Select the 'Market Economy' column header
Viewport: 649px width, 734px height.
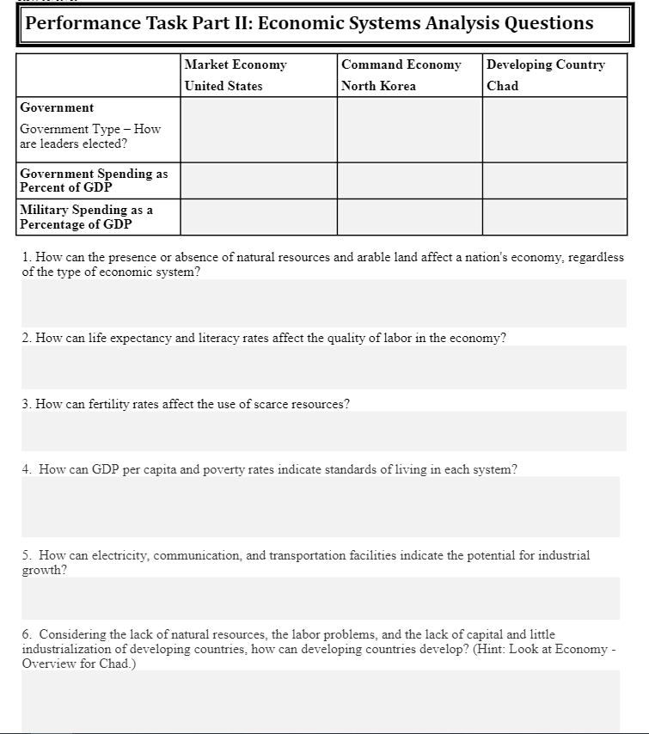(236, 65)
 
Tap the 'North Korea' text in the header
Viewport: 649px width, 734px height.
(378, 86)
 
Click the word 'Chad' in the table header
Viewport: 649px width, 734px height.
(503, 86)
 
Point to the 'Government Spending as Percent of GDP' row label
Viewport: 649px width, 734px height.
(94, 180)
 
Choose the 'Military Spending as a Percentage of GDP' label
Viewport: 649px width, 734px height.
(86, 217)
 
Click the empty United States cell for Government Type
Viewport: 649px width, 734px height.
(259, 129)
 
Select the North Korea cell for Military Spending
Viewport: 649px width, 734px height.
(409, 217)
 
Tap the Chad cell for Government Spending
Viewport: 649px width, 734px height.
(554, 180)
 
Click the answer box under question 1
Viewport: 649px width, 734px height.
(323, 303)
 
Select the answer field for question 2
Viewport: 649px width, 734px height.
(323, 367)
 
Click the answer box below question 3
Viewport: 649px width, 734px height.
(323, 431)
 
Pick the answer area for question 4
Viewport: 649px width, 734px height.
(320, 506)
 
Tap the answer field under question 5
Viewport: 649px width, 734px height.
(320, 597)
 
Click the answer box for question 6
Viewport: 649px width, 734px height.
(320, 700)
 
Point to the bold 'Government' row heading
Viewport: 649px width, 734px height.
(57, 108)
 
